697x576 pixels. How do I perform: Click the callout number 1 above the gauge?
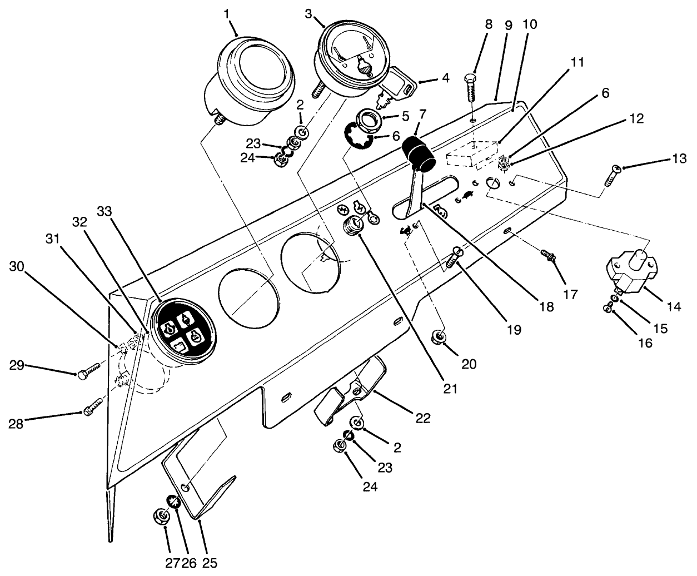(227, 13)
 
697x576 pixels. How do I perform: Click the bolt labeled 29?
(88, 371)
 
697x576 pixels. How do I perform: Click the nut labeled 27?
(161, 517)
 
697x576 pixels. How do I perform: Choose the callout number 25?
(210, 563)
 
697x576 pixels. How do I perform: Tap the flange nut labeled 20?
(439, 336)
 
